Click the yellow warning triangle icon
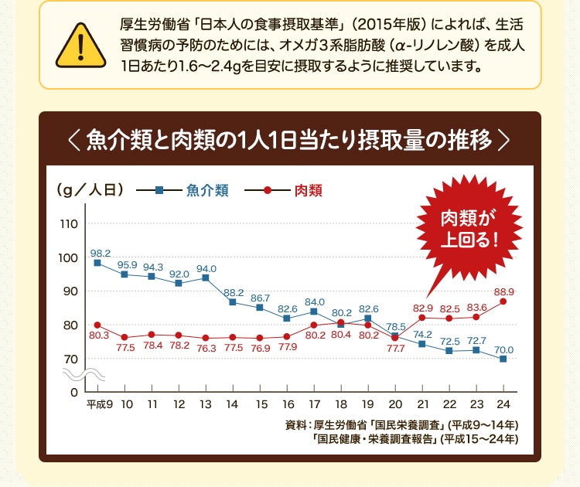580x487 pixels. point(80,46)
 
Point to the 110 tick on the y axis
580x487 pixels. point(68,224)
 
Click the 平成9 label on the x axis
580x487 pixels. point(99,404)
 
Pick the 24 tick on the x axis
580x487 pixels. point(503,404)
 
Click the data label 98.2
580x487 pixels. point(101,253)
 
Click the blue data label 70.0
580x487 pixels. point(503,349)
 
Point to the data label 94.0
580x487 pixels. point(206,268)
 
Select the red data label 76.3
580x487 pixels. point(206,349)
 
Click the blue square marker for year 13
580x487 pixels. point(206,278)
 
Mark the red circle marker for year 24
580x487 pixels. point(503,301)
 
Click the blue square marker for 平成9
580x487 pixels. point(97,263)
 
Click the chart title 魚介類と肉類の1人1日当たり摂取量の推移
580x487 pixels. point(290,141)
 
